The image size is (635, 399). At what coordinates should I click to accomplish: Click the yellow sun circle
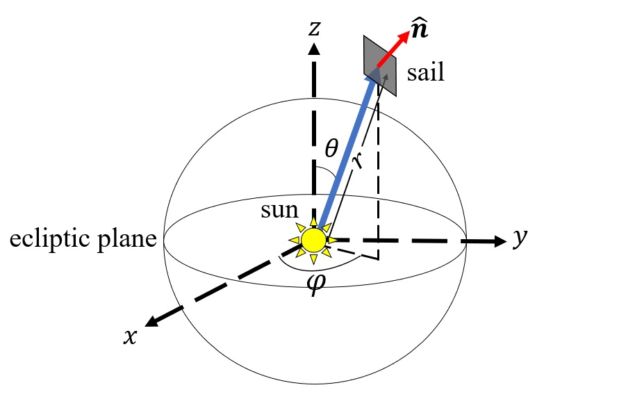click(x=313, y=240)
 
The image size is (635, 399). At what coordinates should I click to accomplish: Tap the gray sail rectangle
click(x=380, y=66)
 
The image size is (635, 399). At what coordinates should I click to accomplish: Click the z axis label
click(x=315, y=28)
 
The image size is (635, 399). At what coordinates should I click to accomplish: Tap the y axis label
click(x=520, y=238)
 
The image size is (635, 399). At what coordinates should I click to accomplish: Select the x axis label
click(x=130, y=335)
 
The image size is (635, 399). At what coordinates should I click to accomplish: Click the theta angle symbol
click(x=332, y=148)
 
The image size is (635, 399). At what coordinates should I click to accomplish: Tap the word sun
click(x=280, y=210)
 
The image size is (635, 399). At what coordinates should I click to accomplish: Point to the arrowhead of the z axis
click(x=314, y=49)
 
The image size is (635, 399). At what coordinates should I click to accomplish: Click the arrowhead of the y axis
click(x=499, y=241)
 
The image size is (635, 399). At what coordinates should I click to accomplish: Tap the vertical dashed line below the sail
click(x=378, y=174)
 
